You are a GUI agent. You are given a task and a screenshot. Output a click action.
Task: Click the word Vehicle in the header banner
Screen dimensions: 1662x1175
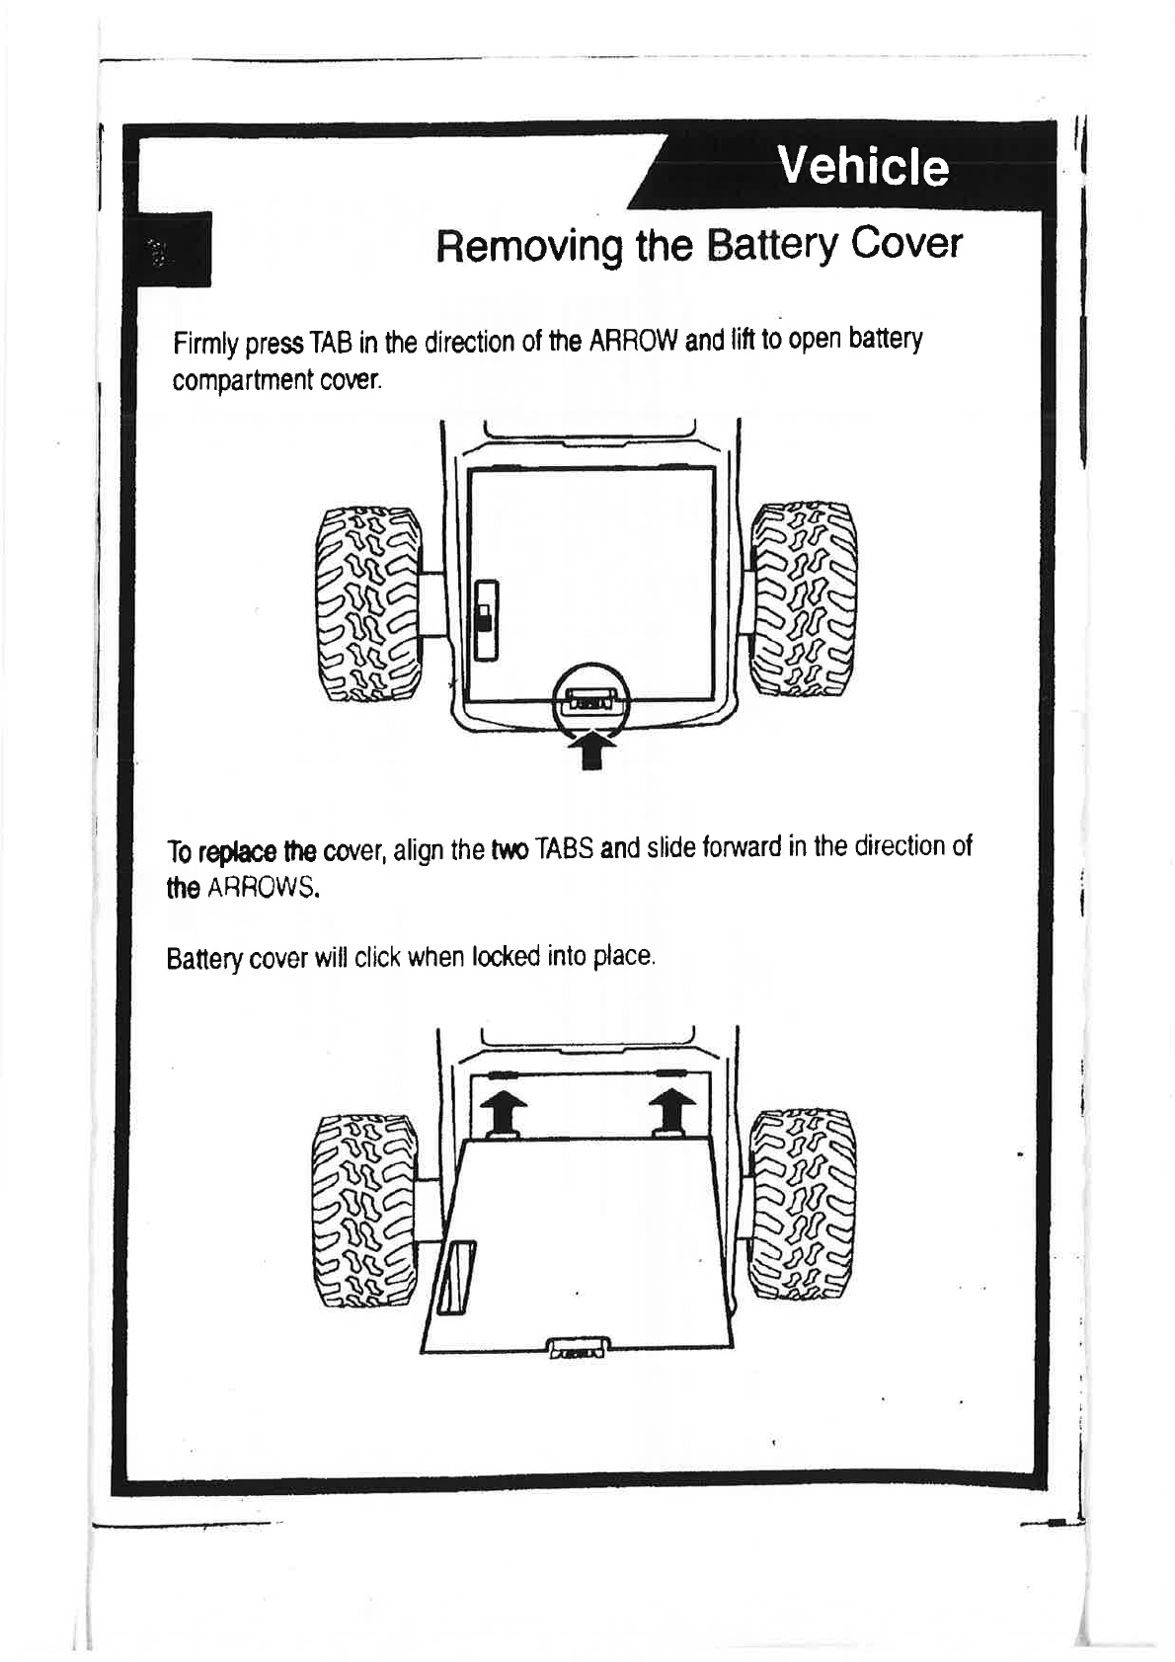tap(862, 166)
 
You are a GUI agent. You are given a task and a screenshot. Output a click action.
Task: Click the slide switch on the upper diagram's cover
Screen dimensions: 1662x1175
tap(484, 618)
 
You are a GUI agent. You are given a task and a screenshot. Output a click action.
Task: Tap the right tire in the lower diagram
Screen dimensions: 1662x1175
tap(804, 1205)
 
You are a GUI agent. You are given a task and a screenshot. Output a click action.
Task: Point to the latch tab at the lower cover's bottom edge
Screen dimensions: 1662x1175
tap(579, 1347)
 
